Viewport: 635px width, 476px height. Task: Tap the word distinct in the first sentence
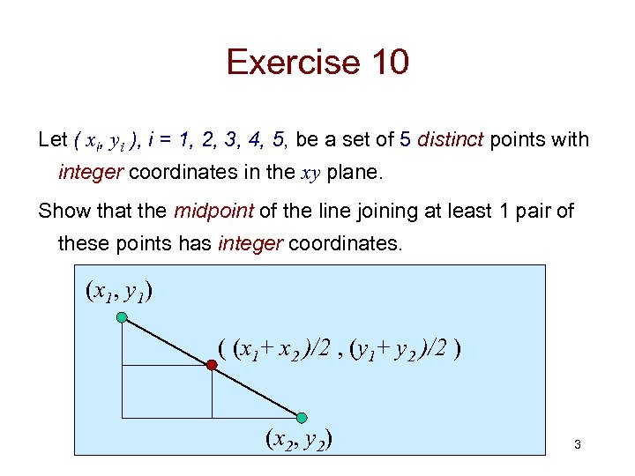450,140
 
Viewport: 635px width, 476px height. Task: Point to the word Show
63,212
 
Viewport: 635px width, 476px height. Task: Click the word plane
354,172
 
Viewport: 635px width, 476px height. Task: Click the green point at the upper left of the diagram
122,316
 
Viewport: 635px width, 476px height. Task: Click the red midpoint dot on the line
212,365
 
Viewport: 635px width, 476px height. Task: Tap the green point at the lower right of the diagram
302,417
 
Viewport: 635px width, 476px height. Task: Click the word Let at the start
53,140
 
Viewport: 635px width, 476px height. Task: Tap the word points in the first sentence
519,140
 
